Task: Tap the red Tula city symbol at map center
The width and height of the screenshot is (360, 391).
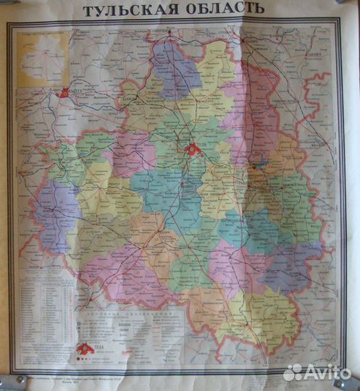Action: tap(193, 149)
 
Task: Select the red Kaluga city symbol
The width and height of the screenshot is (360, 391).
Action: tap(65, 92)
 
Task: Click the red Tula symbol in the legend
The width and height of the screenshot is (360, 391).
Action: tap(86, 348)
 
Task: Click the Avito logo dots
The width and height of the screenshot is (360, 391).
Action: tap(292, 372)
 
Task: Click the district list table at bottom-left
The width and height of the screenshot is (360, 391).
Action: tap(47, 311)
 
